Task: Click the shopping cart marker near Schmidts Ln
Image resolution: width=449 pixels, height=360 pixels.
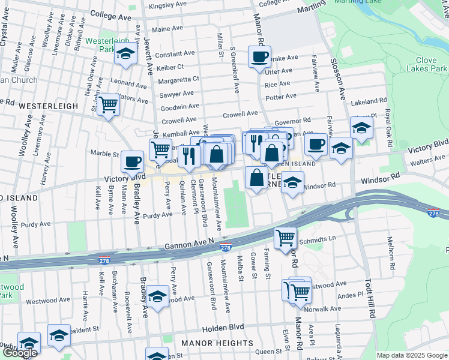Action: pyautogui.click(x=285, y=239)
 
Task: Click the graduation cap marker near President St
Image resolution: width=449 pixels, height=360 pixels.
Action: pyautogui.click(x=59, y=337)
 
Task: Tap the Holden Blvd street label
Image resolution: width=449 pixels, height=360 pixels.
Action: pyautogui.click(x=222, y=328)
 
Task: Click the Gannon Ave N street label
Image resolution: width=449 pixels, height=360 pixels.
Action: pyautogui.click(x=189, y=244)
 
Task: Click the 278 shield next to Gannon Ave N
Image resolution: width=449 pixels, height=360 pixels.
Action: pyautogui.click(x=226, y=247)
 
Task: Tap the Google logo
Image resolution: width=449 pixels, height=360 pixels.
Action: pyautogui.click(x=20, y=353)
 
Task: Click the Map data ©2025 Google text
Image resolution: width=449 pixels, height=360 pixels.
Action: pyautogui.click(x=412, y=355)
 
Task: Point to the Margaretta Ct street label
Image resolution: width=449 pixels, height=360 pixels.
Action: pyautogui.click(x=178, y=79)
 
